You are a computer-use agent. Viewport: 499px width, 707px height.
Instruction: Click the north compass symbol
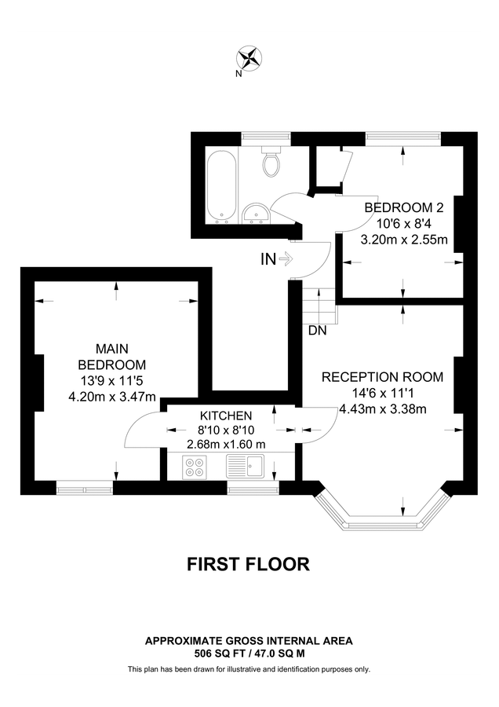[x=250, y=57]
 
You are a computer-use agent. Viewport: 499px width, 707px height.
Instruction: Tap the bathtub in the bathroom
[x=221, y=185]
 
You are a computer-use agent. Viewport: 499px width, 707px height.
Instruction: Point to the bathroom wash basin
[x=257, y=213]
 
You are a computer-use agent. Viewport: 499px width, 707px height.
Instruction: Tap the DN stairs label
[x=317, y=331]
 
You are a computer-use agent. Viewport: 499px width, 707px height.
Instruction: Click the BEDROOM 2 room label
[x=404, y=208]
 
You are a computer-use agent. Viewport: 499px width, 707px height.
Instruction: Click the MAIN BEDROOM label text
[x=111, y=356]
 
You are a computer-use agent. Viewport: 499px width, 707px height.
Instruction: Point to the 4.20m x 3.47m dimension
[x=112, y=396]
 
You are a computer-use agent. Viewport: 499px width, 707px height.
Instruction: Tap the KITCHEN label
[x=225, y=416]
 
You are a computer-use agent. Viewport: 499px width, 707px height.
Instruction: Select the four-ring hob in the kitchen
[x=193, y=468]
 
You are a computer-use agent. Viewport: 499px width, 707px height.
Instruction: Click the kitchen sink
[x=246, y=469]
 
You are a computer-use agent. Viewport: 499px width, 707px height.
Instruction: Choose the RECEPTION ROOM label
[x=382, y=377]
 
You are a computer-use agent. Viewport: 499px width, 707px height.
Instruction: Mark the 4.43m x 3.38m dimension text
[x=382, y=408]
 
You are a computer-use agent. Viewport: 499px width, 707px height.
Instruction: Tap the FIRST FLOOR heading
[x=249, y=563]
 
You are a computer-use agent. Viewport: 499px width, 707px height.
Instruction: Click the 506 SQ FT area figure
[x=222, y=653]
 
